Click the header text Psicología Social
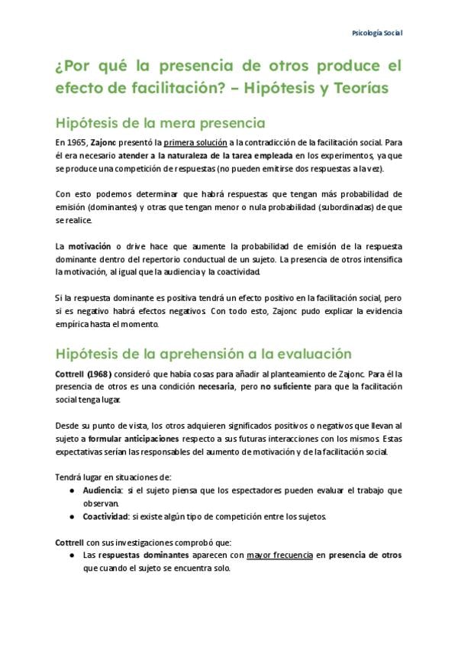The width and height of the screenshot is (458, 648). (376, 34)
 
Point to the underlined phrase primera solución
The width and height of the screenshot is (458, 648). (193, 142)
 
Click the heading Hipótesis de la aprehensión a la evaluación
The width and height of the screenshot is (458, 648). (203, 354)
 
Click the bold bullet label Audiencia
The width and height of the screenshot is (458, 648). (102, 491)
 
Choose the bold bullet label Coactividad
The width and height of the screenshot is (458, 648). (105, 517)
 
